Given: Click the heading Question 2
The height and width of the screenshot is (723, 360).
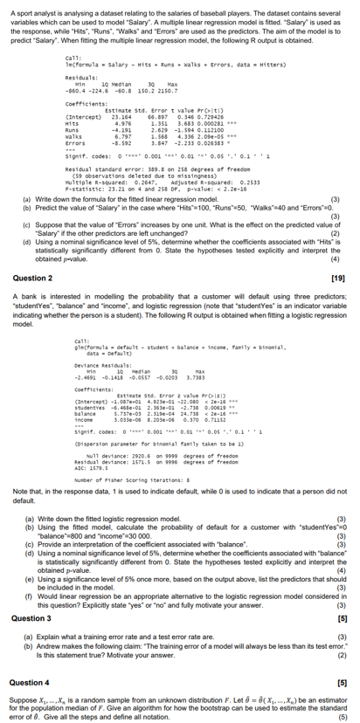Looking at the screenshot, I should click(x=34, y=278).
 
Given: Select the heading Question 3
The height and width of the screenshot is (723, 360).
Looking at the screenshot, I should click(x=34, y=595).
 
